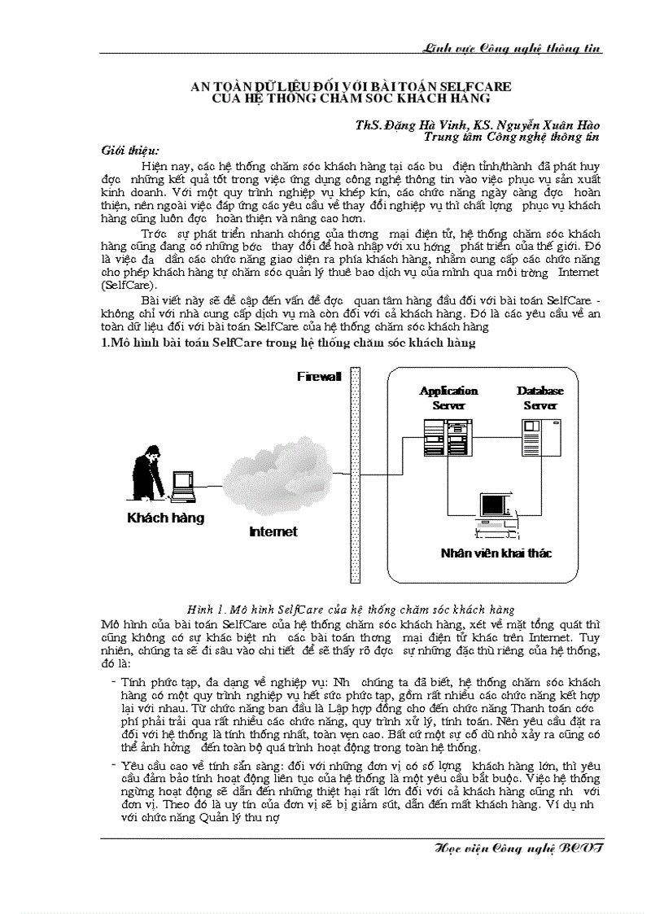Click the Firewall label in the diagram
point(318,376)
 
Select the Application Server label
point(448,398)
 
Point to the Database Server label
point(540,398)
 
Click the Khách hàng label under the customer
point(165,518)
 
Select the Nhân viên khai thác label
point(496,553)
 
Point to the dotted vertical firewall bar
point(355,475)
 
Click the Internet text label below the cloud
point(273,531)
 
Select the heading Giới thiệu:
point(130,151)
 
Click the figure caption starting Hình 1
point(350,609)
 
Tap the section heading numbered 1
point(287,343)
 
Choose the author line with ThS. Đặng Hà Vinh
point(477,125)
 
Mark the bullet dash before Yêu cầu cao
point(113,766)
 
